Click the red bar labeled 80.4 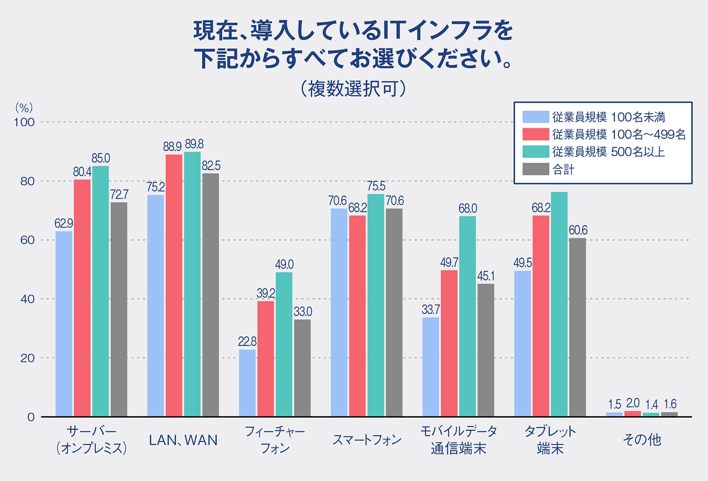[x=82, y=297]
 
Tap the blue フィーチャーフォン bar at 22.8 [x=247, y=382]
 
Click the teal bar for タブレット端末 [x=559, y=304]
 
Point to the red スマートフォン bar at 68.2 [x=357, y=315]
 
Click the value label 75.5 [x=376, y=186]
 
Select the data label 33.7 [x=430, y=310]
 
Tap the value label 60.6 [x=578, y=230]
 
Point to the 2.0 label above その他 [x=632, y=404]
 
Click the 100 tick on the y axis [x=24, y=122]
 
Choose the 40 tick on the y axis [x=27, y=299]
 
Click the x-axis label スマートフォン [x=367, y=440]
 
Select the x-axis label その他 [x=641, y=440]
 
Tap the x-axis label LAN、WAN [x=183, y=440]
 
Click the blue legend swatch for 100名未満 [x=536, y=117]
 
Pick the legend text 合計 [x=563, y=169]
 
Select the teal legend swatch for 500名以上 [x=536, y=152]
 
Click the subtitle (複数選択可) [x=353, y=88]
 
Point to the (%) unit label [x=24, y=108]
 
